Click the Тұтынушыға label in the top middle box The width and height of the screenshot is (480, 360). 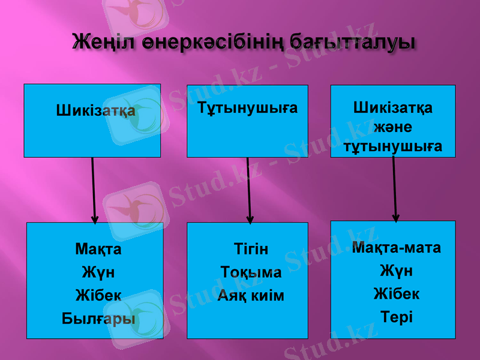click(x=248, y=109)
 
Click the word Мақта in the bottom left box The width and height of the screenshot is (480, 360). click(x=98, y=248)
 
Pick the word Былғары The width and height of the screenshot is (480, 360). click(x=98, y=318)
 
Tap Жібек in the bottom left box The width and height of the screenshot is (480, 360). click(x=98, y=295)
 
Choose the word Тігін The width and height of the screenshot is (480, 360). click(x=251, y=249)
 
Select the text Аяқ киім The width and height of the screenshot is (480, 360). click(x=251, y=295)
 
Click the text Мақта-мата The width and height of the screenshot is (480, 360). click(x=397, y=247)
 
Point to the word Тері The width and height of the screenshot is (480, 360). click(x=397, y=316)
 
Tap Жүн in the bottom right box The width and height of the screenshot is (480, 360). click(x=397, y=271)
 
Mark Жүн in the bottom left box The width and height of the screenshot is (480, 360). click(x=98, y=272)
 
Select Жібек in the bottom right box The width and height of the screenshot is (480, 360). click(x=397, y=293)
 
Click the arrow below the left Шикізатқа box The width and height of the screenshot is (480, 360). click(x=93, y=189)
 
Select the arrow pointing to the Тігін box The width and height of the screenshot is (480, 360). click(x=249, y=189)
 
